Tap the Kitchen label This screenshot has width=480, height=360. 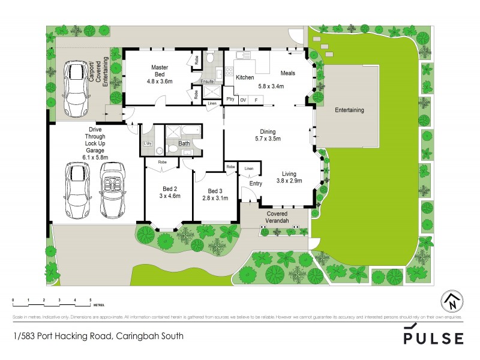244,78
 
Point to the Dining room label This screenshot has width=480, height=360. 268,131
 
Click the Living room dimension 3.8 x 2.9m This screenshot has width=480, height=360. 289,180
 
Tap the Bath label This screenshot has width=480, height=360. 184,143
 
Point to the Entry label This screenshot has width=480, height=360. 256,184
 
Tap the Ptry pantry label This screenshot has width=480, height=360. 229,100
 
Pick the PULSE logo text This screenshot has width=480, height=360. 434,338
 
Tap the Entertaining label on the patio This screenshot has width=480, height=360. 349,110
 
